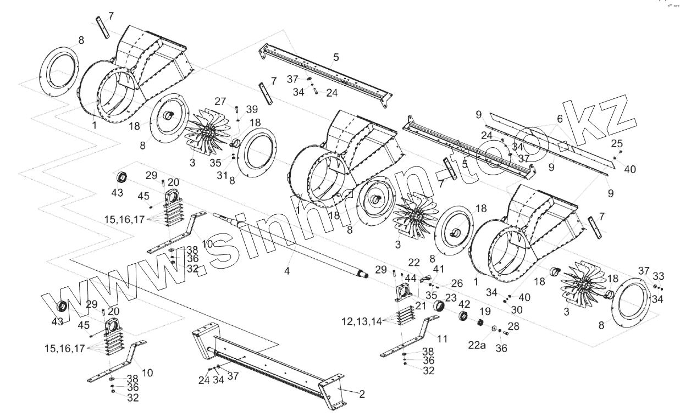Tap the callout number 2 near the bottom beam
362,394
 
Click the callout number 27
220,101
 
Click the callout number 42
465,304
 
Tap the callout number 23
451,297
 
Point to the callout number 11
443,339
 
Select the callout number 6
560,119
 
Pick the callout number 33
657,276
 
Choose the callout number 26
457,283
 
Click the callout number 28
512,327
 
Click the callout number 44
410,278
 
